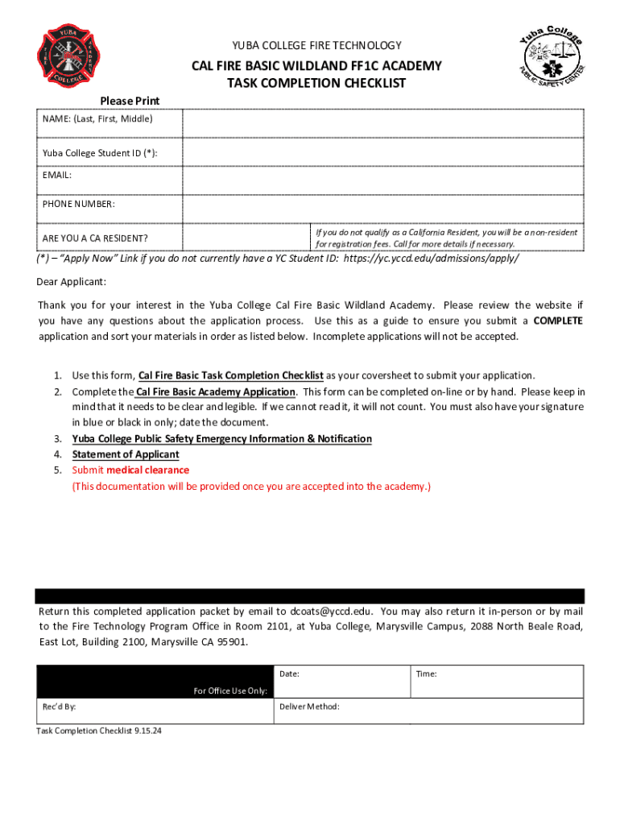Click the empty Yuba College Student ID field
pyautogui.click(x=382, y=152)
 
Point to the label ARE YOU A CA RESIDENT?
pyautogui.click(x=95, y=238)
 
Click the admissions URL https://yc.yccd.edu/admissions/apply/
pyautogui.click(x=431, y=259)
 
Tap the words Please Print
pyautogui.click(x=130, y=101)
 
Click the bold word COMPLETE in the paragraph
pyautogui.click(x=558, y=321)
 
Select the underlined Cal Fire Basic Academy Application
pyautogui.click(x=216, y=392)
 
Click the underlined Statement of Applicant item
pyautogui.click(x=126, y=454)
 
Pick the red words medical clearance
pyautogui.click(x=147, y=470)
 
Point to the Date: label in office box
pyautogui.click(x=289, y=674)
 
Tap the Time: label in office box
pyautogui.click(x=426, y=674)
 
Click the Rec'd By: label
pyautogui.click(x=60, y=707)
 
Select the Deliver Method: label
pyautogui.click(x=309, y=707)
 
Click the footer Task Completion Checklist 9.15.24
pyautogui.click(x=100, y=731)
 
